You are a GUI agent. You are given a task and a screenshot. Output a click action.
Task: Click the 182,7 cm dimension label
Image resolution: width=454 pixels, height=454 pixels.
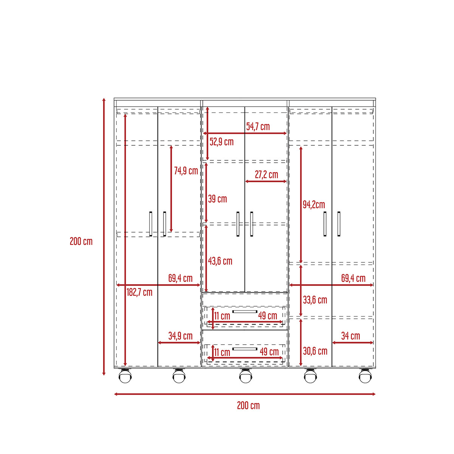(x=140, y=292)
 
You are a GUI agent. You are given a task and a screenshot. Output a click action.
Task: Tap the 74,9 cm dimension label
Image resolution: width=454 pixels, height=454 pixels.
(x=186, y=171)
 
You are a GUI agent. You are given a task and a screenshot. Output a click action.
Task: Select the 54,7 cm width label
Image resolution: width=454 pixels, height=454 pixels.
(x=258, y=126)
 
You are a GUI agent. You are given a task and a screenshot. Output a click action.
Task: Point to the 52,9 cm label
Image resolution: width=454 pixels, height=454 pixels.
(x=221, y=142)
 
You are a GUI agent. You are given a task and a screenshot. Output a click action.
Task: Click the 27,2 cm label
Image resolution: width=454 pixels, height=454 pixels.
(x=266, y=174)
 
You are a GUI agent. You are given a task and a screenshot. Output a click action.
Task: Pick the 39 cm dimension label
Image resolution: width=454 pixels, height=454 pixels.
(x=217, y=199)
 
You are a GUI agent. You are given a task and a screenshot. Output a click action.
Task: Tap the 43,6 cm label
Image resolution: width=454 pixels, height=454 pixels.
(x=220, y=261)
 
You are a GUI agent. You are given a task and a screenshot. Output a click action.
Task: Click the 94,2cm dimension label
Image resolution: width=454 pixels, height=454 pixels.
(x=314, y=205)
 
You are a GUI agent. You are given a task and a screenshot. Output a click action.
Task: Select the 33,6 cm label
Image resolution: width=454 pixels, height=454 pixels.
(x=315, y=300)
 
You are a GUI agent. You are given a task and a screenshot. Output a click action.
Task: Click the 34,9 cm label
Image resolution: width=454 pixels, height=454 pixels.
(x=180, y=336)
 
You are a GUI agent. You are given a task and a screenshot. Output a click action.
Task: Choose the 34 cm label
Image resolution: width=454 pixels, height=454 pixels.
(x=351, y=336)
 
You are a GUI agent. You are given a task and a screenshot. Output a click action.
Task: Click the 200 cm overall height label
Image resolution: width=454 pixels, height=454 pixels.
(x=81, y=241)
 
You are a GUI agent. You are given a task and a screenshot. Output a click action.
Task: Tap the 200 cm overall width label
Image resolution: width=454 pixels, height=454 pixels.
(x=248, y=406)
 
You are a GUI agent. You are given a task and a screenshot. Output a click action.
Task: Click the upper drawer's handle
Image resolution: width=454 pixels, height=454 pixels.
(x=245, y=311)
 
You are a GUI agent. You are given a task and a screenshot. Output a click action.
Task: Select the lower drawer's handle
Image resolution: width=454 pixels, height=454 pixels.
(x=245, y=349)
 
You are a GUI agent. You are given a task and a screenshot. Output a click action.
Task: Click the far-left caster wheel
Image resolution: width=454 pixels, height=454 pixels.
(x=125, y=376)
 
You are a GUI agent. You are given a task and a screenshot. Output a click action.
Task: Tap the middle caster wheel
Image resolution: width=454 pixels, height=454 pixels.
(x=246, y=376)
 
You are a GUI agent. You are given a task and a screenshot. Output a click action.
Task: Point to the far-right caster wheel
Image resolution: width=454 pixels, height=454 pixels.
(x=365, y=376)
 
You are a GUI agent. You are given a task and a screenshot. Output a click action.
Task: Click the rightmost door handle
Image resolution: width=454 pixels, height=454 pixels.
(x=339, y=224)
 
